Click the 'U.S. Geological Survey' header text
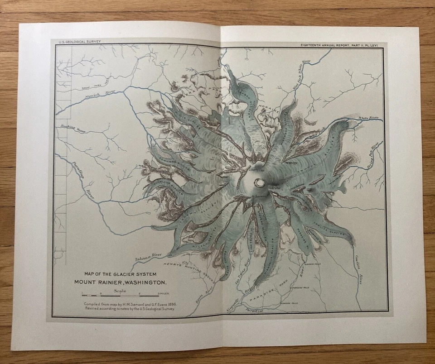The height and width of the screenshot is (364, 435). click(79, 42)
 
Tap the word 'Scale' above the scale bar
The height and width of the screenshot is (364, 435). click(121, 291)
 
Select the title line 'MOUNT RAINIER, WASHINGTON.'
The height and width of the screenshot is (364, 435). click(121, 282)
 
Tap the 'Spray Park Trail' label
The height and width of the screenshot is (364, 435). click(96, 84)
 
